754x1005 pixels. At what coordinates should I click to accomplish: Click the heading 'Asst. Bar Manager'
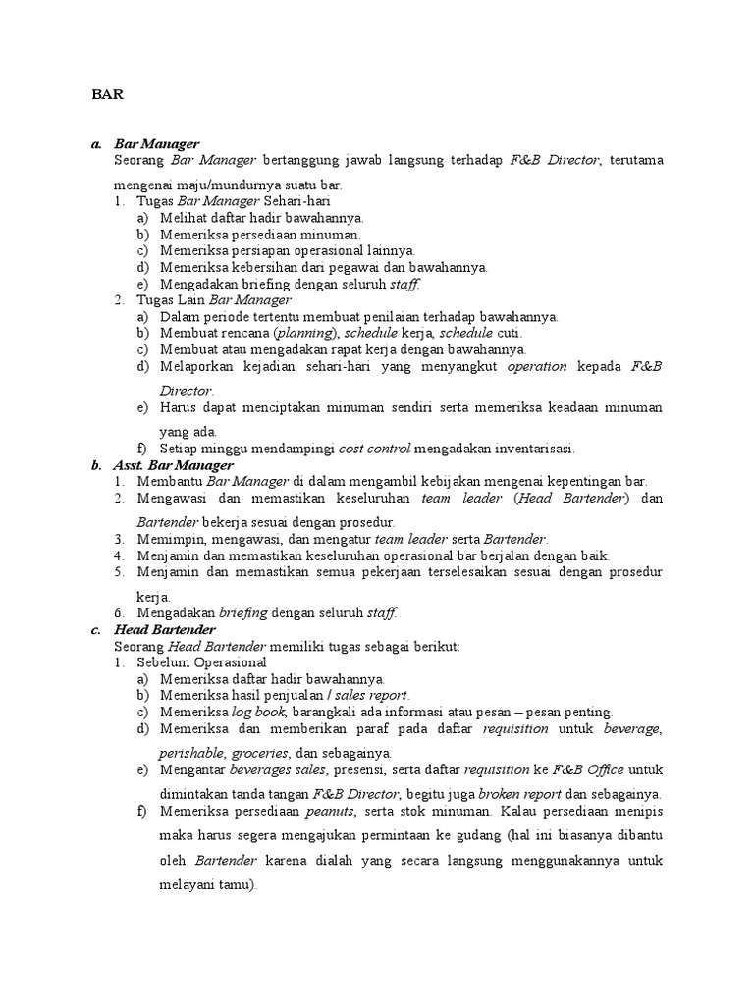[x=173, y=465]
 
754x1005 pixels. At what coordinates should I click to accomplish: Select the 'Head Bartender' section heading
[x=164, y=629]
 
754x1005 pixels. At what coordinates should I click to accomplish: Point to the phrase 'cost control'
[x=374, y=449]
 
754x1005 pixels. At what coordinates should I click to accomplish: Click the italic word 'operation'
[x=537, y=366]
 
